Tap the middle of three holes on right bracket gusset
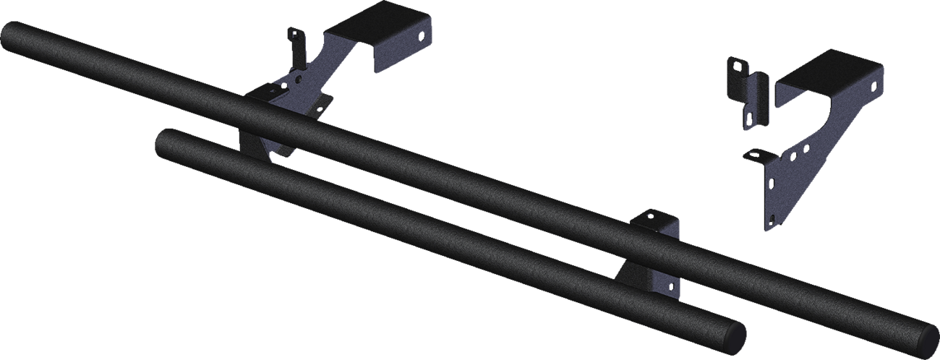794,155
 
